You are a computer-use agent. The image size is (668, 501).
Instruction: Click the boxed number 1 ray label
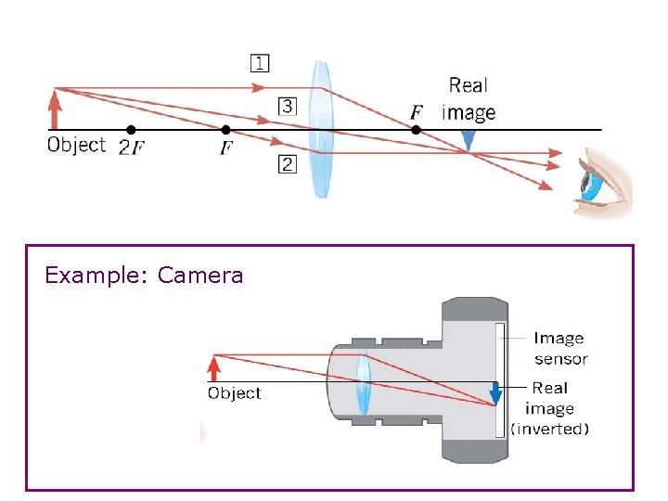tap(260, 64)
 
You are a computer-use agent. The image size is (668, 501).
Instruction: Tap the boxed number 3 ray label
tap(288, 106)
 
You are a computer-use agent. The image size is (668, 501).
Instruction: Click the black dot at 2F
tap(131, 130)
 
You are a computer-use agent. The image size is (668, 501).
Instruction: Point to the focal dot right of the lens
tap(416, 130)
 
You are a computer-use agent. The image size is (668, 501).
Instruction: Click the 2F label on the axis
tap(130, 148)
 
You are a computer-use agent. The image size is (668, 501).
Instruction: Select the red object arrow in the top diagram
tap(56, 109)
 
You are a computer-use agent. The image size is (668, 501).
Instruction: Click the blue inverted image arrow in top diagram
tap(469, 140)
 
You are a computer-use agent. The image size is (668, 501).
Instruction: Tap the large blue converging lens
tap(320, 129)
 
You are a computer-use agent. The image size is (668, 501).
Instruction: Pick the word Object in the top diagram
tap(76, 145)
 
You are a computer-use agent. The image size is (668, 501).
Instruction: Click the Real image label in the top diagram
tap(469, 98)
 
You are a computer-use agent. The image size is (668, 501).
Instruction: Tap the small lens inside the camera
tap(362, 382)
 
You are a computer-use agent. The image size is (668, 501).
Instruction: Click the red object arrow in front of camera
tap(214, 368)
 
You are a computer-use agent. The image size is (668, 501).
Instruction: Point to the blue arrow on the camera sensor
tap(495, 393)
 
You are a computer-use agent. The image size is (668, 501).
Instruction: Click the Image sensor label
tap(559, 348)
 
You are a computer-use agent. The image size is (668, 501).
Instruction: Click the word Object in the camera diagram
tap(235, 393)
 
